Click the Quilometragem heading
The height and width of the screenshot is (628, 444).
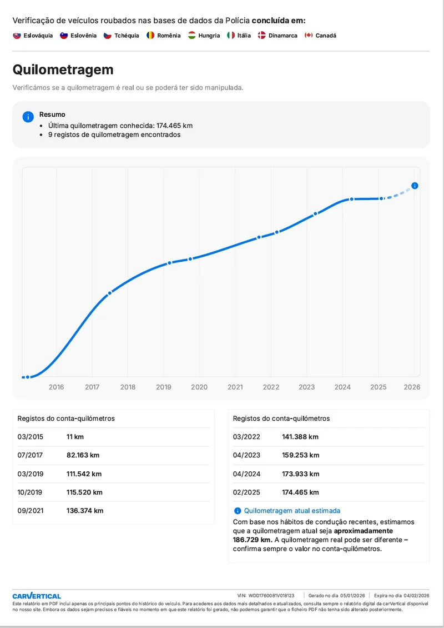(x=63, y=69)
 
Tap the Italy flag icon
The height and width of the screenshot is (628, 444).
(x=231, y=36)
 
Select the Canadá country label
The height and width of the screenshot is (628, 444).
(x=326, y=36)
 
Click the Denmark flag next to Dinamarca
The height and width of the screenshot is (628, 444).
(x=261, y=36)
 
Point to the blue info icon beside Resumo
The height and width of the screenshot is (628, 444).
(x=28, y=117)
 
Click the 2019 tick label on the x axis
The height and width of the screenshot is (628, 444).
(x=164, y=387)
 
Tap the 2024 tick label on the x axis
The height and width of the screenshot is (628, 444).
(x=343, y=387)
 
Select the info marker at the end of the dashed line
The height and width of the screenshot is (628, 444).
(x=415, y=186)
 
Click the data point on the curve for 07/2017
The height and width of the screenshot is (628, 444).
(x=110, y=292)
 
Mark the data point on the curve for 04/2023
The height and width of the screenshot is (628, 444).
(x=315, y=213)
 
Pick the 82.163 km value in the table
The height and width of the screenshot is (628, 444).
(x=83, y=455)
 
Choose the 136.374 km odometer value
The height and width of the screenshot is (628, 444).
(x=84, y=511)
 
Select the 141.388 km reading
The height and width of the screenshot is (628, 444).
(x=300, y=437)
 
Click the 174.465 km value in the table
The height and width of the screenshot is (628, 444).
(x=300, y=492)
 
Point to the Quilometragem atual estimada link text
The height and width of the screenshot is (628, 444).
(x=292, y=510)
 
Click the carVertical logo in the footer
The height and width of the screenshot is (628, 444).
(x=37, y=596)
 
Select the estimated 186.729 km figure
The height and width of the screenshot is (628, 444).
(x=251, y=540)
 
